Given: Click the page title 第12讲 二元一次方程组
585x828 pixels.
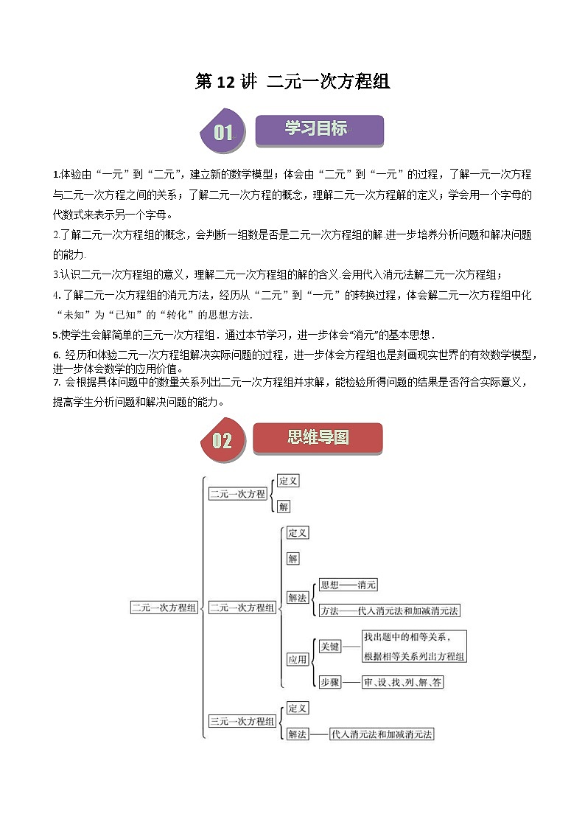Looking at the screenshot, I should (x=292, y=82).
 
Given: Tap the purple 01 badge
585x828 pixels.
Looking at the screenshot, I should (x=223, y=133).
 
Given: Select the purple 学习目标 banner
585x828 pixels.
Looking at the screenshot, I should (x=318, y=129).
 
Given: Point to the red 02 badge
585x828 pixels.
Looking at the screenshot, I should (x=222, y=440).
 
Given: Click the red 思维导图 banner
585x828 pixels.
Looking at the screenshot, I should (x=318, y=437).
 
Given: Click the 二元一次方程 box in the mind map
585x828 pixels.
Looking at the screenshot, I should (x=237, y=494).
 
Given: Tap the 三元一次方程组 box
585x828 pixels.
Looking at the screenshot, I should (x=242, y=721).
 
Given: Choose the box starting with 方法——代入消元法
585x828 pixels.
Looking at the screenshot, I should (x=389, y=610).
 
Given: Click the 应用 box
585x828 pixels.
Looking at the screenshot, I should (x=297, y=660).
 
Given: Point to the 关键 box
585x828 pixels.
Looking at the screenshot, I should (x=329, y=646).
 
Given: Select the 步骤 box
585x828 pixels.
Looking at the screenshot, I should (x=329, y=683).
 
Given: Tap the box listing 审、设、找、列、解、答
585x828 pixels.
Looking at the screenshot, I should (x=402, y=683).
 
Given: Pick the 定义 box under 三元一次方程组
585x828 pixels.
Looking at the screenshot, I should (x=297, y=708).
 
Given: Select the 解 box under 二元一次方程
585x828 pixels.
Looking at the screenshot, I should (x=284, y=507).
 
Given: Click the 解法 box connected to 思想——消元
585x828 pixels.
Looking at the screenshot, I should (x=297, y=598).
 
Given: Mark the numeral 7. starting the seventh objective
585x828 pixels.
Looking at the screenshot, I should (x=56, y=382).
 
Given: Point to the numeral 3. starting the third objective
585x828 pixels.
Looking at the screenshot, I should (x=55, y=275).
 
